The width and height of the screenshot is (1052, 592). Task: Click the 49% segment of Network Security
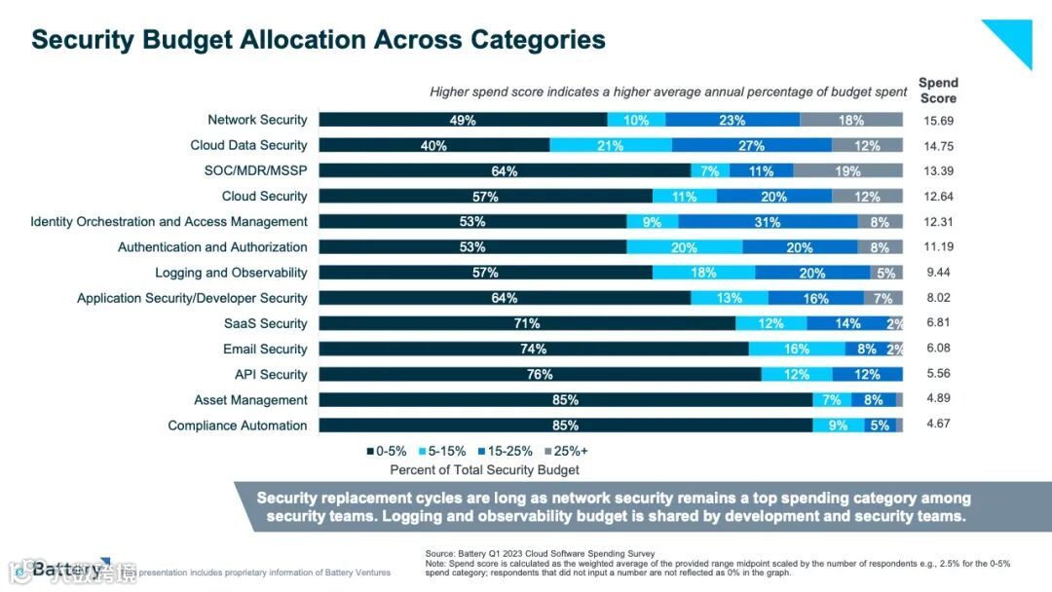click(x=463, y=121)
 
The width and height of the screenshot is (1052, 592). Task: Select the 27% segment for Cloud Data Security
click(x=751, y=146)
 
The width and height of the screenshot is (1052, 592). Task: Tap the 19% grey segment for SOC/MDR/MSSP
click(x=847, y=171)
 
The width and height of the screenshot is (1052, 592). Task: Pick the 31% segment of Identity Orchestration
click(x=767, y=222)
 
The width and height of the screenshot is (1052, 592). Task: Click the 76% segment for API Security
click(x=540, y=375)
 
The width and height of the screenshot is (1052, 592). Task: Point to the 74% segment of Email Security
click(x=534, y=350)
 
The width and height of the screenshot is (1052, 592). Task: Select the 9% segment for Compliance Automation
click(x=838, y=425)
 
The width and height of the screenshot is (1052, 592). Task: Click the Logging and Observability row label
click(x=231, y=273)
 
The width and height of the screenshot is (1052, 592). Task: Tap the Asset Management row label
click(x=250, y=400)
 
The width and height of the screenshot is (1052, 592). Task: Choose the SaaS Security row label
click(x=265, y=323)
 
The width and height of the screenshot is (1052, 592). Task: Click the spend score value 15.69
click(x=938, y=120)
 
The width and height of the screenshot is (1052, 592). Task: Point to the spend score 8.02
click(x=938, y=298)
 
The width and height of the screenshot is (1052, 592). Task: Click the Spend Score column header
click(x=938, y=91)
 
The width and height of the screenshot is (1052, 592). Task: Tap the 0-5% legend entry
click(x=387, y=451)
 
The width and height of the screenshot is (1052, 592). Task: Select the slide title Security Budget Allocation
click(x=319, y=40)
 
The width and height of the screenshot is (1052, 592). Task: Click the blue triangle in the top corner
click(x=1013, y=39)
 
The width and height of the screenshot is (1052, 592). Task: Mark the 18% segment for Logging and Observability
click(x=703, y=273)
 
